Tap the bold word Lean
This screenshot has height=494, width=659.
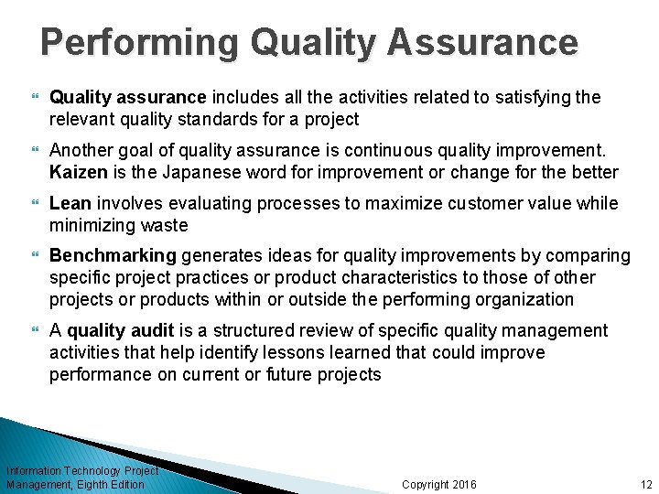click(71, 203)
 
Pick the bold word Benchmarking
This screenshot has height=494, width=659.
click(112, 255)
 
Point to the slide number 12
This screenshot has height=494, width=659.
click(646, 484)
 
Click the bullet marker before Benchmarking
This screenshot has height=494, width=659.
click(37, 255)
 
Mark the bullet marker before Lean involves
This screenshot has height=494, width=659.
click(37, 203)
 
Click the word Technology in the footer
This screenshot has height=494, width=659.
click(93, 471)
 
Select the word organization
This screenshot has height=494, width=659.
click(524, 299)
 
